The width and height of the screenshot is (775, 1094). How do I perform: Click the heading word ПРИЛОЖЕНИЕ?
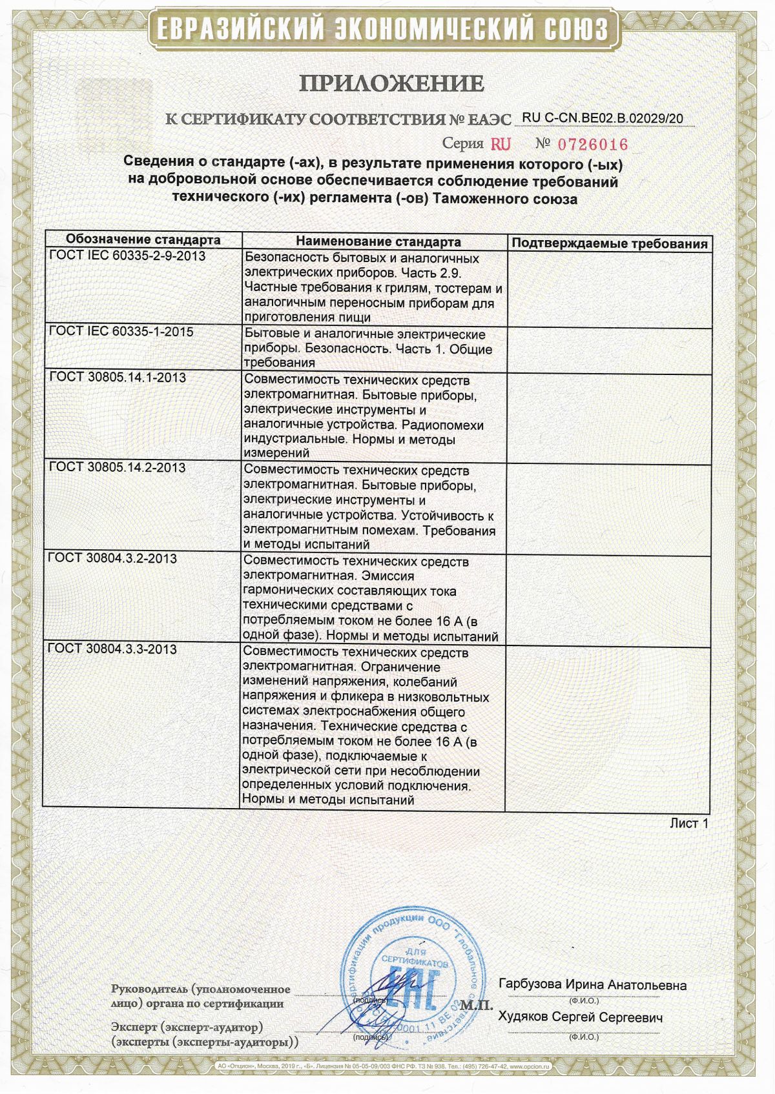pyautogui.click(x=391, y=83)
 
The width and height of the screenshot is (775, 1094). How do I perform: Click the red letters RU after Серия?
pyautogui.click(x=501, y=143)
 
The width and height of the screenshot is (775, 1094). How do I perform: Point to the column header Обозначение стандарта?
pyautogui.click(x=143, y=240)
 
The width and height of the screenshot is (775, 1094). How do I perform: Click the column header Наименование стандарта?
pyautogui.click(x=378, y=241)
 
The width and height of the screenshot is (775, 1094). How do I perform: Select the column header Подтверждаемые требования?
pyautogui.click(x=609, y=243)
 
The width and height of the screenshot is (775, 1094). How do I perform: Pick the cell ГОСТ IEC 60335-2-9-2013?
pyautogui.click(x=127, y=256)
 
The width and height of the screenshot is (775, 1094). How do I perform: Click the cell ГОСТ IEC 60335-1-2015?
pyautogui.click(x=121, y=332)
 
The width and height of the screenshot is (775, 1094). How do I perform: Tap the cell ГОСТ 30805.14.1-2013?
pyautogui.click(x=118, y=377)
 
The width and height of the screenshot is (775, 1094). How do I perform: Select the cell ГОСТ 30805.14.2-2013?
pyautogui.click(x=118, y=467)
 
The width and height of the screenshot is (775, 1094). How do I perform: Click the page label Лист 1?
pyautogui.click(x=688, y=823)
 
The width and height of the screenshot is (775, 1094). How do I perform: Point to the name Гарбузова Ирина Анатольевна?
pyautogui.click(x=592, y=985)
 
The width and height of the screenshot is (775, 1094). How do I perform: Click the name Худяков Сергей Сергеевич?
pyautogui.click(x=581, y=1017)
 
